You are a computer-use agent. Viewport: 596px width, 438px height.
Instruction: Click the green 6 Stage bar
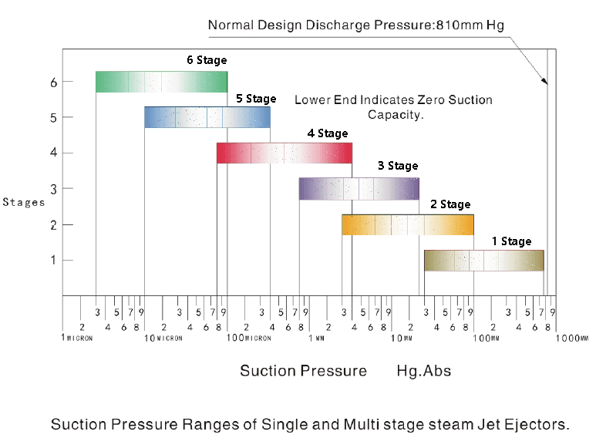[161, 82]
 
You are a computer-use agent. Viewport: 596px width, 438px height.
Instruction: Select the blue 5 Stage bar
[207, 117]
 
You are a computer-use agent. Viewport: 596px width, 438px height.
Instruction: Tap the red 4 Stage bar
[284, 153]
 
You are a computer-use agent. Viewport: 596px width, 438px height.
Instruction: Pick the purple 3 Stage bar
[359, 189]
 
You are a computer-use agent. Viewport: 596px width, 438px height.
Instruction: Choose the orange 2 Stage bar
[407, 224]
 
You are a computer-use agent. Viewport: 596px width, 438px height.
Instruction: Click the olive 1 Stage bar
[483, 261]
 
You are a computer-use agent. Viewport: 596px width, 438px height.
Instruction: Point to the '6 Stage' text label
[207, 59]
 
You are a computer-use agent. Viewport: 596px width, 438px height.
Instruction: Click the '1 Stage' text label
[511, 241]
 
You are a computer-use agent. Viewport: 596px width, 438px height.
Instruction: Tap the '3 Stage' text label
[398, 166]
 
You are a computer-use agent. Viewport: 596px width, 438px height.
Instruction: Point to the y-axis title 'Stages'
[23, 202]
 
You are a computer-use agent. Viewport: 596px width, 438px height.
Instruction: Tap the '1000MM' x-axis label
[573, 338]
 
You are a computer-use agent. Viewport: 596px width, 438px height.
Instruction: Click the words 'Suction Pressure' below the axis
[303, 371]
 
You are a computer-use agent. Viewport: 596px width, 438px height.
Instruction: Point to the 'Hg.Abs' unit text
[423, 371]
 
